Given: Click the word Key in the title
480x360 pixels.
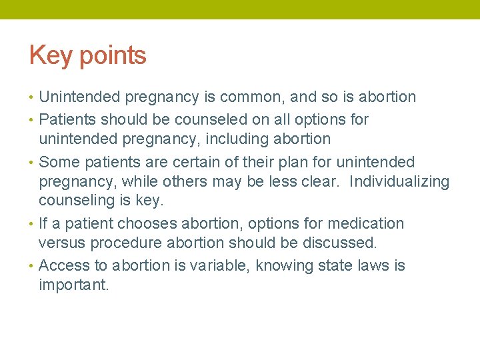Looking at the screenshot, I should pyautogui.click(x=51, y=56).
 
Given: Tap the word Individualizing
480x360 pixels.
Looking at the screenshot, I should pyautogui.click(x=399, y=182).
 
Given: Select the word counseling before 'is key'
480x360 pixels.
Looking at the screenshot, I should pyautogui.click(x=79, y=201).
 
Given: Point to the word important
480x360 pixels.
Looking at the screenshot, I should pyautogui.click(x=73, y=286).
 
